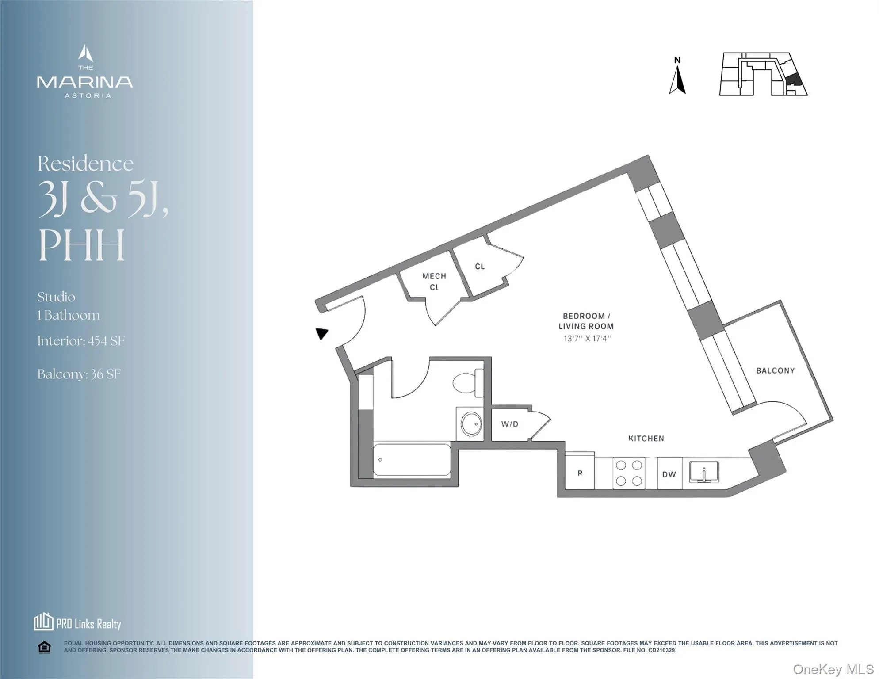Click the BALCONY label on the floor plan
point(775,370)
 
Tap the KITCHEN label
point(646,438)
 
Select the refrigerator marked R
point(580,473)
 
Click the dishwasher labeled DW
point(669,474)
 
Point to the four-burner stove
point(629,473)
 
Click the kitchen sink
point(704,472)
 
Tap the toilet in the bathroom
point(468,383)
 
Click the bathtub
point(412,460)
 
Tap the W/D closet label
point(510,424)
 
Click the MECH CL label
point(434,281)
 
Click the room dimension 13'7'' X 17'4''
point(587,339)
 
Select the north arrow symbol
point(677,77)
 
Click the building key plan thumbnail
point(763,74)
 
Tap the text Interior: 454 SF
point(81,341)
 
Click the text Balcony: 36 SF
point(79,374)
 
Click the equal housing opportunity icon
point(44,648)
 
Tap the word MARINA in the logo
point(85,82)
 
